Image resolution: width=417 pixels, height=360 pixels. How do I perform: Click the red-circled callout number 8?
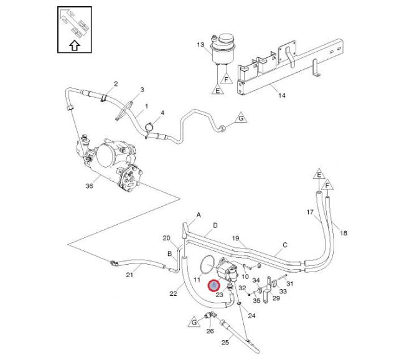pyautogui.click(x=214, y=285)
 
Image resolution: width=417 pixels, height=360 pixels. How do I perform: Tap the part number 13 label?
pyautogui.click(x=200, y=45)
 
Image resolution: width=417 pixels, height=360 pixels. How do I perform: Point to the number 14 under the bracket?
pyautogui.click(x=281, y=95)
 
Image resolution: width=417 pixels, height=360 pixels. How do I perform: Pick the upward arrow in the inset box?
pyautogui.click(x=73, y=44)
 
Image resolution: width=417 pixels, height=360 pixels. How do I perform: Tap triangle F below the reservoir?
pyautogui.click(x=227, y=80)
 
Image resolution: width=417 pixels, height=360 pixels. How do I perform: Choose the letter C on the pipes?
pyautogui.click(x=285, y=245)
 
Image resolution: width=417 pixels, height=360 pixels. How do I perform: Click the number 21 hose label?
pyautogui.click(x=129, y=275)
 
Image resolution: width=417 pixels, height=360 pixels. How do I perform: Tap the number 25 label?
pyautogui.click(x=225, y=343)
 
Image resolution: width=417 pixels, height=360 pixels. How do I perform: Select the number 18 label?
pyautogui.click(x=345, y=233)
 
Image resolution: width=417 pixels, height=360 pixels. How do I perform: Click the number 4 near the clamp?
pyautogui.click(x=162, y=113)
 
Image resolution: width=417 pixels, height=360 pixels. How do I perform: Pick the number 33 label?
pyautogui.click(x=283, y=290)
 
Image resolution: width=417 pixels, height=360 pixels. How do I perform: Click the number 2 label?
pyautogui.click(x=116, y=83)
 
